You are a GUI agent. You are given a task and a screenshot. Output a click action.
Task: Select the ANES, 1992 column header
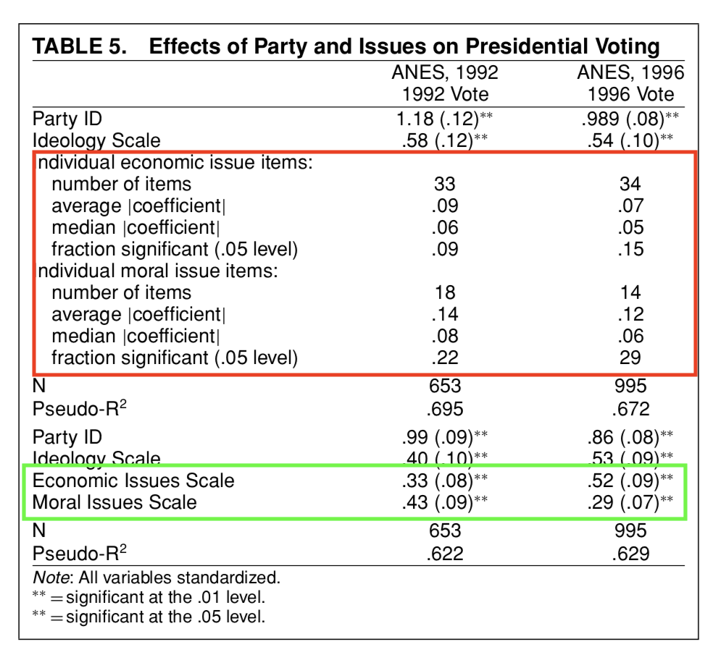click(x=445, y=72)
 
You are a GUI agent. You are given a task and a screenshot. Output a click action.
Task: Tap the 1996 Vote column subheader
click(x=630, y=94)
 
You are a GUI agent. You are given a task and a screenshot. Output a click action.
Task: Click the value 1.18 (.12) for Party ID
click(x=438, y=119)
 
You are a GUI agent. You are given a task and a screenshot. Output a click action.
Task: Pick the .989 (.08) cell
click(x=622, y=119)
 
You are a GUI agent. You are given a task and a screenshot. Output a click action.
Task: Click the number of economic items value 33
click(x=445, y=184)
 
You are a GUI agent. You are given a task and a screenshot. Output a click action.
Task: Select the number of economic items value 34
click(x=630, y=184)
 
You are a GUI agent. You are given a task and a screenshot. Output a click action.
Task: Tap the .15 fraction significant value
click(x=630, y=249)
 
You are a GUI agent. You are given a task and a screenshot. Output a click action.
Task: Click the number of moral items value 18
click(x=445, y=292)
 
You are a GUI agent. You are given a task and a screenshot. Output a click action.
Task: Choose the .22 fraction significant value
click(x=445, y=357)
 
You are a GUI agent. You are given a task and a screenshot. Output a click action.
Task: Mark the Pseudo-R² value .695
click(x=445, y=409)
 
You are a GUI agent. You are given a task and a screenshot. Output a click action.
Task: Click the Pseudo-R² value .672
click(x=630, y=409)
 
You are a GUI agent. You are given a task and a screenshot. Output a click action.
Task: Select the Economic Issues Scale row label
click(x=133, y=481)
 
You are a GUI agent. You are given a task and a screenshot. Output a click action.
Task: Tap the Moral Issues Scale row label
click(x=114, y=502)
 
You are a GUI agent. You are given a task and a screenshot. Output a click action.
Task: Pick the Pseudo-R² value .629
click(x=630, y=554)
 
